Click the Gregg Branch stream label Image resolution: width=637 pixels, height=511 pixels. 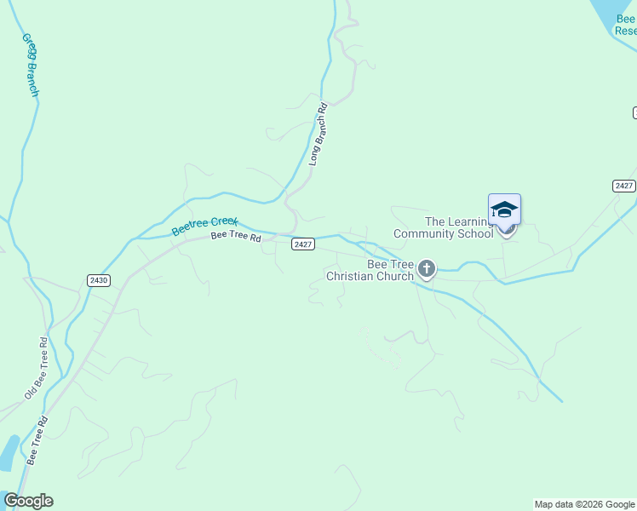pyautogui.click(x=30, y=65)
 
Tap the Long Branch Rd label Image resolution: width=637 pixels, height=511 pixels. pyautogui.click(x=318, y=134)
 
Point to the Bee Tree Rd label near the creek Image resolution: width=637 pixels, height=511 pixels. pyautogui.click(x=236, y=236)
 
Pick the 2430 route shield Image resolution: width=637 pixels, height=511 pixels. pyautogui.click(x=98, y=280)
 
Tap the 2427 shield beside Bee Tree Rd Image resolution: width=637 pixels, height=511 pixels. pyautogui.click(x=303, y=244)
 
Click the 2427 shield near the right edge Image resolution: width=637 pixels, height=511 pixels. pyautogui.click(x=623, y=186)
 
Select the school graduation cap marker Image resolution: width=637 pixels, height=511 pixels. pyautogui.click(x=504, y=210)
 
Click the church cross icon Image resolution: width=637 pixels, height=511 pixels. pyautogui.click(x=426, y=270)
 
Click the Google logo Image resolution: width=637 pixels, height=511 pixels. pyautogui.click(x=28, y=501)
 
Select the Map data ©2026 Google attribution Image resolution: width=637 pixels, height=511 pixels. pyautogui.click(x=584, y=504)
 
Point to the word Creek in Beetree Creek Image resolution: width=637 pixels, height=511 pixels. pyautogui.click(x=223, y=223)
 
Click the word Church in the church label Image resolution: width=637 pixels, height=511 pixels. pyautogui.click(x=393, y=275)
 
